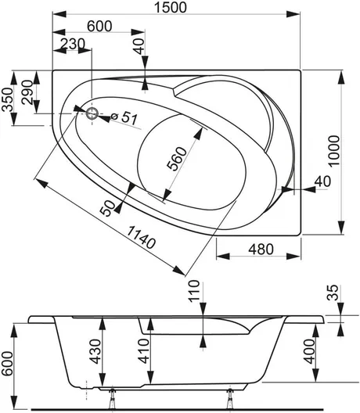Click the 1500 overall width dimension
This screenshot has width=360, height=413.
coord(171,7)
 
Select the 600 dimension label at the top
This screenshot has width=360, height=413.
coord(99,26)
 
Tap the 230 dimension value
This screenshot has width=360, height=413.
coord(72,44)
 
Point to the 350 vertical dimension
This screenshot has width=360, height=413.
coord(7,99)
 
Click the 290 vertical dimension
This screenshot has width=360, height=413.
coord(27,92)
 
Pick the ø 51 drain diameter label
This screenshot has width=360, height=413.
coord(124,117)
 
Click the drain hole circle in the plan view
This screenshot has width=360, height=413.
coord(92,113)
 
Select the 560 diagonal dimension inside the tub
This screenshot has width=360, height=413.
coord(177,159)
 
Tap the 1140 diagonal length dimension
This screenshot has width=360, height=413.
coord(141,238)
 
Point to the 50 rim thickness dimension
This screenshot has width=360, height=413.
coord(108,208)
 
